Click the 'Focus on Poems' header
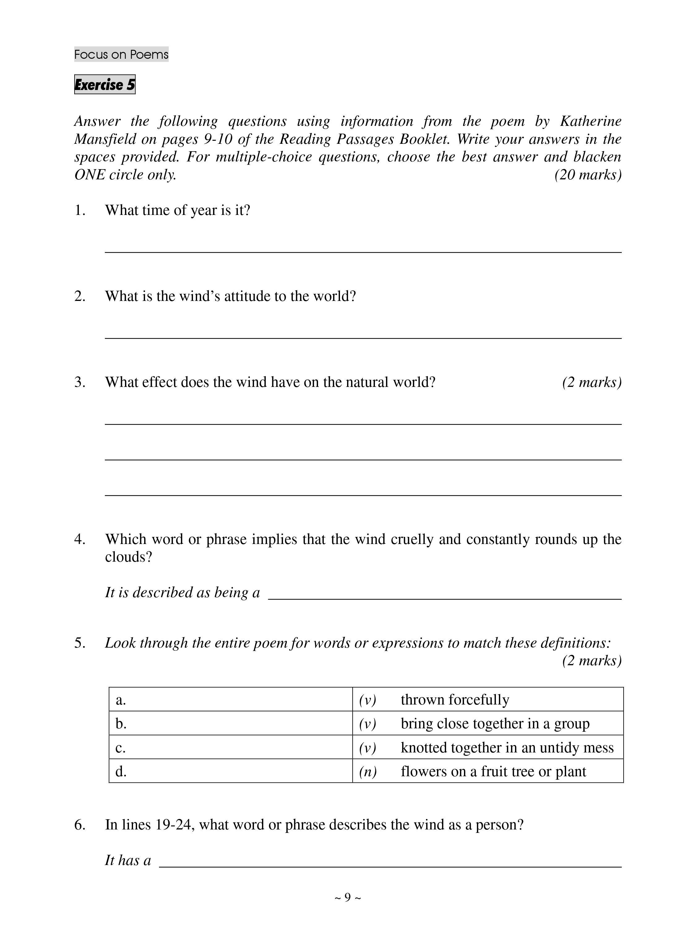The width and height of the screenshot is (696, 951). click(121, 54)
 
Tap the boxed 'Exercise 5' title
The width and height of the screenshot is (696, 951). click(105, 85)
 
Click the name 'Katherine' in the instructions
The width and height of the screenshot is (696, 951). click(590, 121)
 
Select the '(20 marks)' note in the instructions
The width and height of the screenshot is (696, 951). click(588, 175)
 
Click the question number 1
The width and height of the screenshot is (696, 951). click(79, 210)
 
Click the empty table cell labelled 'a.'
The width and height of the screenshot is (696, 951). click(231, 700)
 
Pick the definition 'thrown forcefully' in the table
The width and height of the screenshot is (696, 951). click(455, 700)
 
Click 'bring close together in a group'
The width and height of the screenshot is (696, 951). click(495, 724)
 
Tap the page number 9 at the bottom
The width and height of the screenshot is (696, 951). click(348, 897)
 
